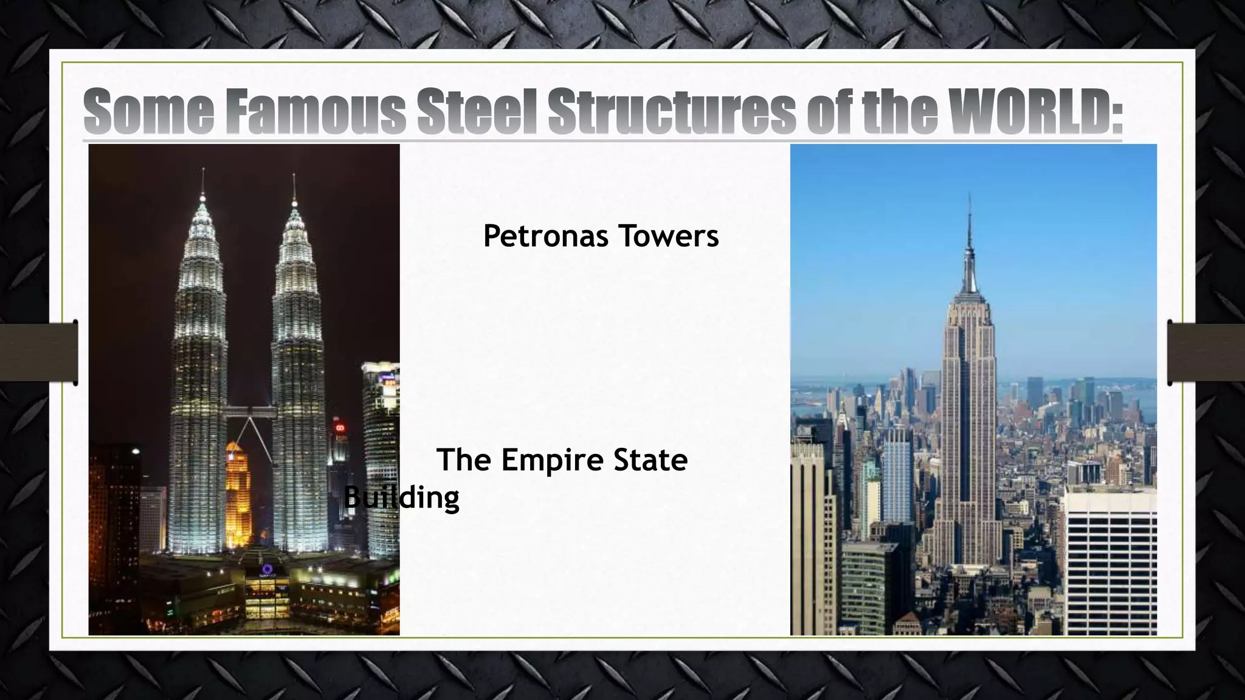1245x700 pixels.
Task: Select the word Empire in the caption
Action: [553, 460]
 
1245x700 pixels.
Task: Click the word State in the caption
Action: [650, 460]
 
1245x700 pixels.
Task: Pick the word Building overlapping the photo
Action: [402, 498]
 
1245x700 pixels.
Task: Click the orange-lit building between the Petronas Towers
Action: [238, 492]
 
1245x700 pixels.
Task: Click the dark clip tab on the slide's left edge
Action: [38, 352]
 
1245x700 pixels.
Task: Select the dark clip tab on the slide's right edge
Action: [1207, 352]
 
